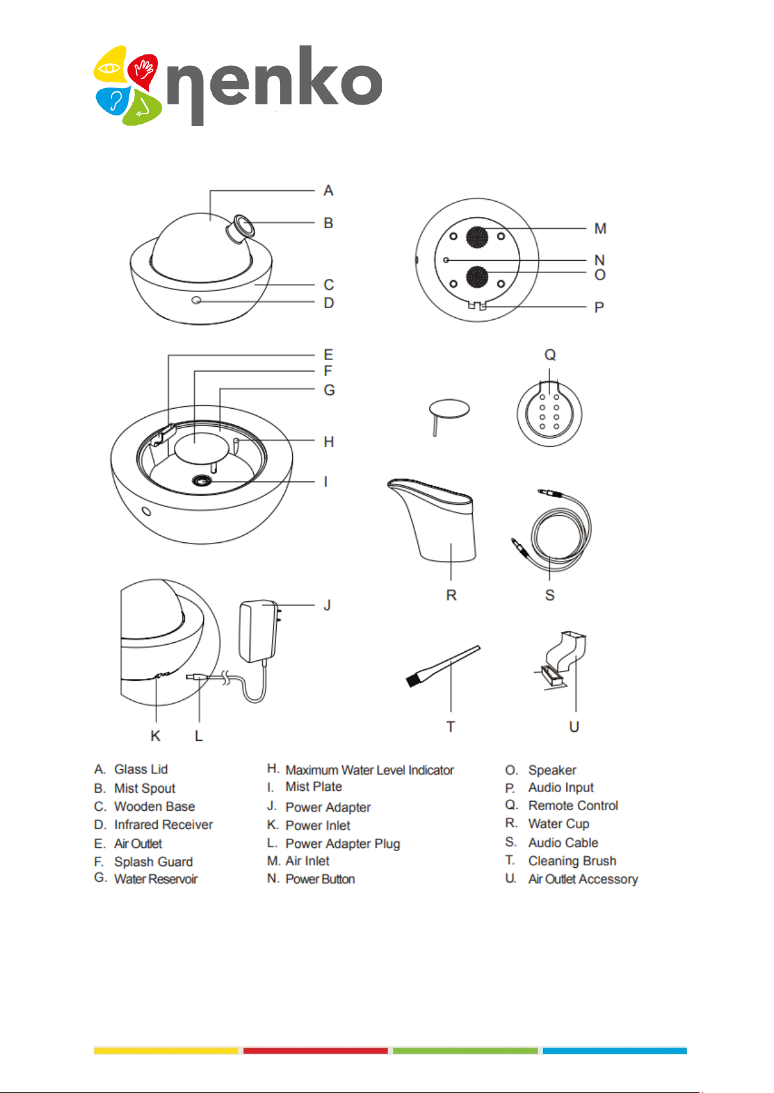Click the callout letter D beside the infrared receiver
329,303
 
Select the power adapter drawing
258,631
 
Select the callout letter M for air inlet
600,229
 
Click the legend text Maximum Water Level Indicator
369,770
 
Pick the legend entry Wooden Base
155,806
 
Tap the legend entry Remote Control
573,806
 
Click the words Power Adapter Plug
343,843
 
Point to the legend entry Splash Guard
153,861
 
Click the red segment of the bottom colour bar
316,1050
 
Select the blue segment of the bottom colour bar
614,1050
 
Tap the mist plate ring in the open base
202,481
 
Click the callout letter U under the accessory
574,727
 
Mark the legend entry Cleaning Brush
572,861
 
